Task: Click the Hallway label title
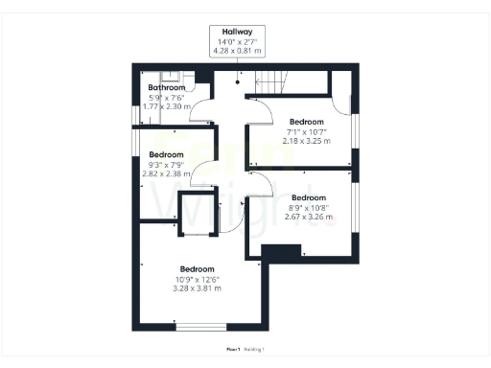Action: point(237,32)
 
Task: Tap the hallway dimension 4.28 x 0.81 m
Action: point(237,51)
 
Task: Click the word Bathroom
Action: point(166,87)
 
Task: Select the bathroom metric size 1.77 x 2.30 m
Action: point(166,106)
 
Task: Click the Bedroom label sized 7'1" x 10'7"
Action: point(306,122)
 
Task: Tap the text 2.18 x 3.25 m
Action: point(306,141)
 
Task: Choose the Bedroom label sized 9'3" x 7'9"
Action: point(166,154)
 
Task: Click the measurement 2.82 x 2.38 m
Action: point(166,175)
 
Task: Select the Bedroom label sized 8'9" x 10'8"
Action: point(309,197)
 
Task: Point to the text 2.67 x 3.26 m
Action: point(309,217)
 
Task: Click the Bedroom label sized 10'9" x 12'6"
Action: point(197,269)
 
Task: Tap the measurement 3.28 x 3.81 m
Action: point(197,288)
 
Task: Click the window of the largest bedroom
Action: point(200,327)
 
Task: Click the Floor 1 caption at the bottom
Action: point(231,349)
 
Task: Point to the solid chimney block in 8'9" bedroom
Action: point(280,252)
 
